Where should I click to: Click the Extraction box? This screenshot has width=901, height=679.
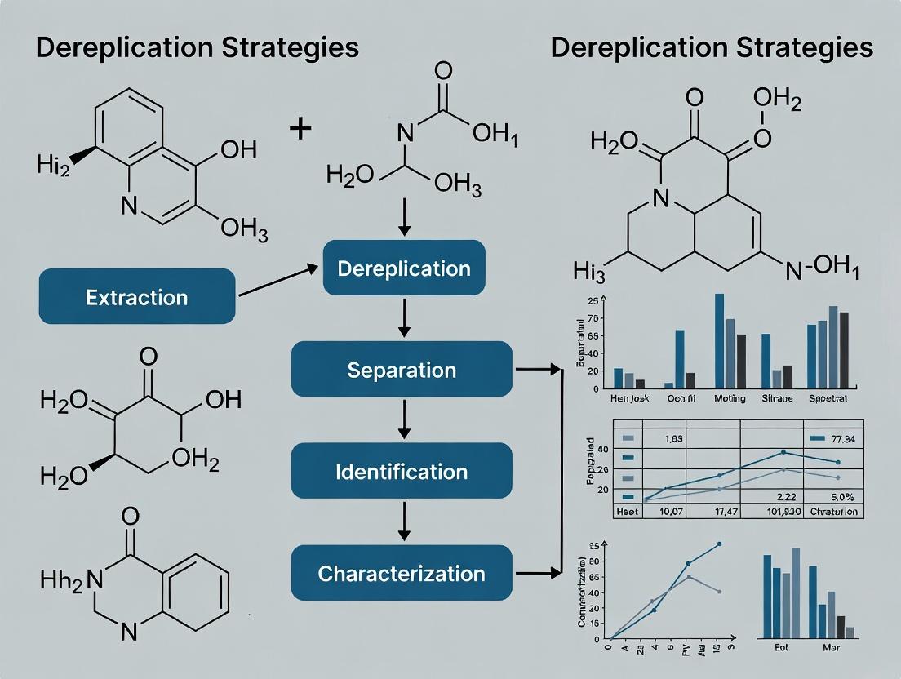(137, 298)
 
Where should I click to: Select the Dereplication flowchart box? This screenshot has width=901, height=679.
(403, 268)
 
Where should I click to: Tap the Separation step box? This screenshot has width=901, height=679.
(402, 370)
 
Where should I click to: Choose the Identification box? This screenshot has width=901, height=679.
(402, 471)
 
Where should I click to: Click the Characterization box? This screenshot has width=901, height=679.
(402, 573)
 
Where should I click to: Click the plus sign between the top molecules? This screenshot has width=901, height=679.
(300, 128)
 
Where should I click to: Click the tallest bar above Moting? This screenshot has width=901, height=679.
(719, 340)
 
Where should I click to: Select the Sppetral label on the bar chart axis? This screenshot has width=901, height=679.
(828, 399)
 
